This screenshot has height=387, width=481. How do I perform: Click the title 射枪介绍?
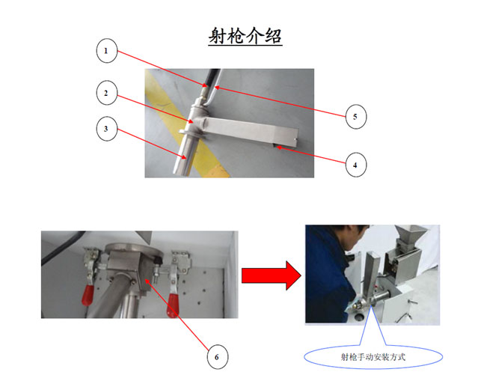tap(245, 36)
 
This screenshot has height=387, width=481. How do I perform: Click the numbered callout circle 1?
tap(106, 51)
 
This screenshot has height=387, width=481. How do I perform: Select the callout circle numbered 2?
tap(106, 93)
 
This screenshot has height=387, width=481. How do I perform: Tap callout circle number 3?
tap(106, 129)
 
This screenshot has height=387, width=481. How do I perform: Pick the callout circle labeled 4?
tap(355, 165)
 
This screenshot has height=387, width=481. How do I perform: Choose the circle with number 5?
tap(355, 117)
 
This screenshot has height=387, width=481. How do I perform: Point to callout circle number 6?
tap(217, 356)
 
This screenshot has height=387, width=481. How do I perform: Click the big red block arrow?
tap(272, 275)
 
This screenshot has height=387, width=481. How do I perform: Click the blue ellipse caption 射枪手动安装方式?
tap(373, 357)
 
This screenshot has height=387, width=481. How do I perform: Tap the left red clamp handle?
tap(88, 295)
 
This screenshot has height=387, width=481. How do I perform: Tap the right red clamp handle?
tap(173, 305)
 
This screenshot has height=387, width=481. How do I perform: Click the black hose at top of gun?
tap(212, 77)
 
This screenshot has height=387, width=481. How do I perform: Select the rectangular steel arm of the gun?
tap(251, 129)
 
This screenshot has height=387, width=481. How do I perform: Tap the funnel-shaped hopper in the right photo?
tap(409, 235)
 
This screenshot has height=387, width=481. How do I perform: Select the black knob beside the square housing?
tap(159, 260)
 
